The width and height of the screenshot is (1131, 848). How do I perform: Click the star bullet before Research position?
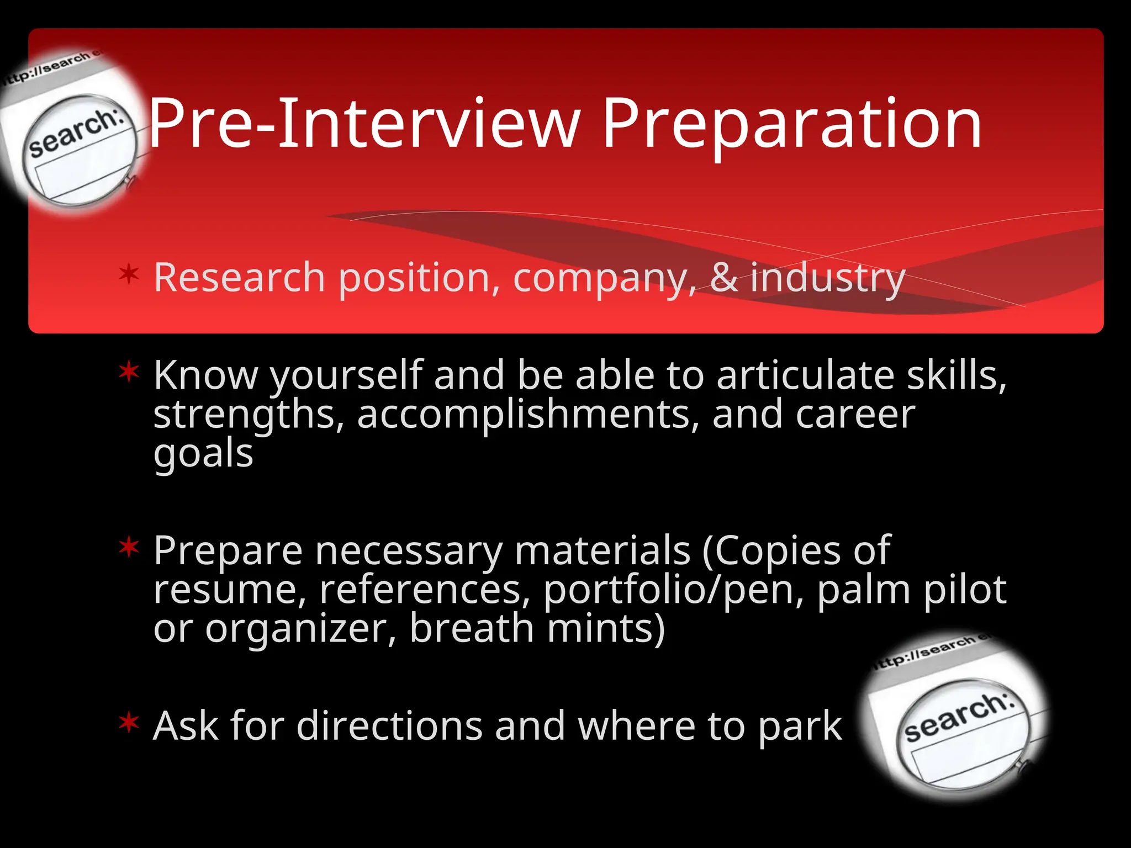pyautogui.click(x=129, y=274)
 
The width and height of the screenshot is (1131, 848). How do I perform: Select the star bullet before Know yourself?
pyautogui.click(x=129, y=372)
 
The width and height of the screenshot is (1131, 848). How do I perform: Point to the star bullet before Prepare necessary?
pyautogui.click(x=129, y=548)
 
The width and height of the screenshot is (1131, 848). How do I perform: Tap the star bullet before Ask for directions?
pyautogui.click(x=129, y=723)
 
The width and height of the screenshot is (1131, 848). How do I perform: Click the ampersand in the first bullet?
pyautogui.click(x=723, y=277)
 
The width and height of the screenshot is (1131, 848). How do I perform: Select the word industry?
pyautogui.click(x=827, y=278)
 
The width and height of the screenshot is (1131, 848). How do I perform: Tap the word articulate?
pyautogui.click(x=805, y=375)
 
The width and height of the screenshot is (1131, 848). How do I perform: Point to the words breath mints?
pyautogui.click(x=537, y=628)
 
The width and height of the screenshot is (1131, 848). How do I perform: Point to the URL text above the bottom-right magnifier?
pyautogui.click(x=931, y=651)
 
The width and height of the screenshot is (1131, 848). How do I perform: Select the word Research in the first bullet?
pyautogui.click(x=239, y=277)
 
